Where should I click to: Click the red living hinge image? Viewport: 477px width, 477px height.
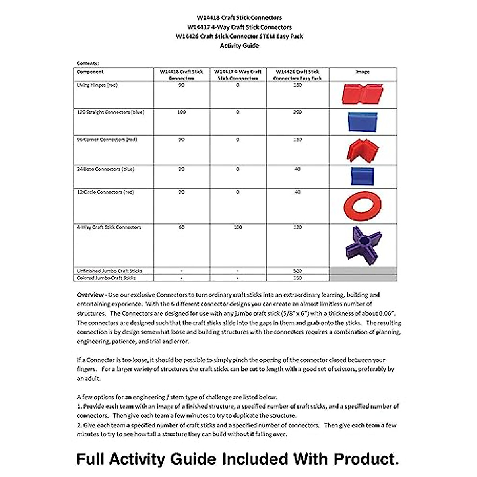tap(362, 94)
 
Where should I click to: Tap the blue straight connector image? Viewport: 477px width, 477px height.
tap(362, 122)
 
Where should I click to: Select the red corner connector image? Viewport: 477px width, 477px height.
tap(363, 150)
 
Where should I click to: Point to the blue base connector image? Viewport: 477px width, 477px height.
tap(362, 176)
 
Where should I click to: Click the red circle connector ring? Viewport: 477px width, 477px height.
tap(362, 206)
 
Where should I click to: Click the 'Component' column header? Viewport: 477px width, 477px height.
tap(90, 72)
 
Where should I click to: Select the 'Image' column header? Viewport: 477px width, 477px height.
tap(363, 72)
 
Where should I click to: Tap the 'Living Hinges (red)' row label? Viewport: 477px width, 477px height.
tap(97, 85)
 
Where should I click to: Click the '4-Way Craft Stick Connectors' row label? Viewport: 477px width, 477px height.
tap(109, 227)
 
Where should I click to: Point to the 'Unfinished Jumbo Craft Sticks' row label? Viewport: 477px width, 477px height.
tap(109, 271)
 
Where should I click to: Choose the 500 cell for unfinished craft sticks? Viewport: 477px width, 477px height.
tap(297, 271)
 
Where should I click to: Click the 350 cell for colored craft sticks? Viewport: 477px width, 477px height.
tap(297, 278)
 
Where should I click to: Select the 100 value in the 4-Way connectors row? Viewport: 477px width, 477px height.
tap(238, 227)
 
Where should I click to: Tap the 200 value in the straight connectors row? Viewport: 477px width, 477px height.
tap(297, 112)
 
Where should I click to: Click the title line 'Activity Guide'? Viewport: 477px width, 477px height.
tap(239, 46)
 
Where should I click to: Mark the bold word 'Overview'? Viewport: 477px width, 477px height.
tap(90, 295)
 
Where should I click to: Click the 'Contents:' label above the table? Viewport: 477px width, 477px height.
tap(88, 63)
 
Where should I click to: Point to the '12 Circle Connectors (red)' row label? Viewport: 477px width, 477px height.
tap(106, 192)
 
